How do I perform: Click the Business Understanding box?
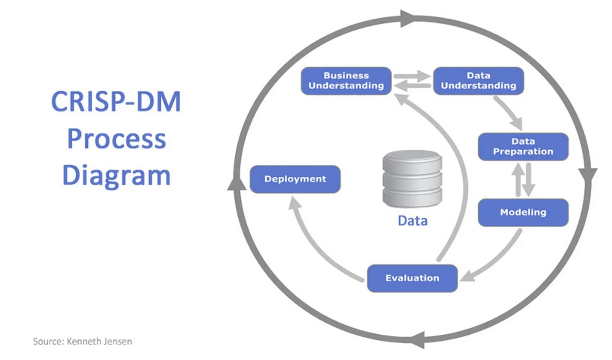(346, 81)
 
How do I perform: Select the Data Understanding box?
(479, 81)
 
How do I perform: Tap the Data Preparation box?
(523, 147)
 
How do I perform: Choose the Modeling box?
(523, 212)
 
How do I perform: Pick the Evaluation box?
(412, 278)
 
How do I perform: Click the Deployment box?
(295, 179)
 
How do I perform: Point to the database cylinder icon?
(412, 179)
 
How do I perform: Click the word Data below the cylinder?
(412, 221)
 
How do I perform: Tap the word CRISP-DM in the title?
(116, 102)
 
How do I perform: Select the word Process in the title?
(116, 139)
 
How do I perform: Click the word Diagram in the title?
(116, 175)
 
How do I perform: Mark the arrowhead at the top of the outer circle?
(408, 18)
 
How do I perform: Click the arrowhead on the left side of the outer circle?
(234, 183)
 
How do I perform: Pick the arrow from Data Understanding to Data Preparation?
(509, 113)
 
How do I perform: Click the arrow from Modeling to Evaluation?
(494, 257)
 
